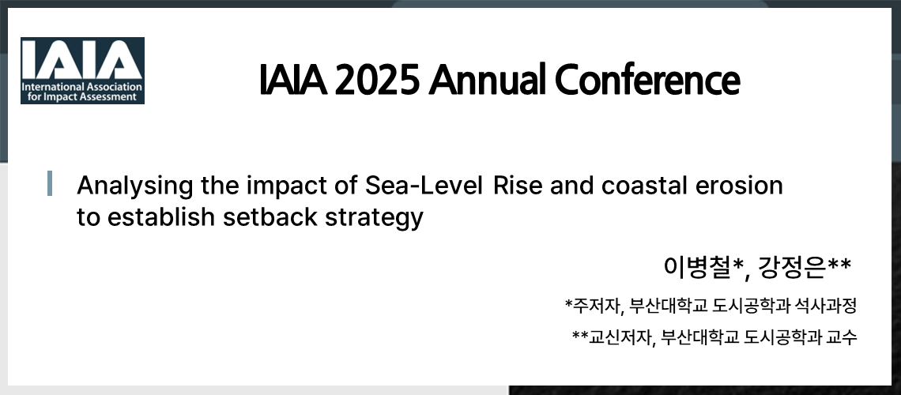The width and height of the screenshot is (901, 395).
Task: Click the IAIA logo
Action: click(82, 70)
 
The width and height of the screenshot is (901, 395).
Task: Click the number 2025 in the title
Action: click(377, 79)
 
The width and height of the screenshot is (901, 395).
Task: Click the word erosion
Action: click(741, 186)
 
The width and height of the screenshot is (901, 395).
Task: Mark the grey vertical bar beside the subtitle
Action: click(51, 183)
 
